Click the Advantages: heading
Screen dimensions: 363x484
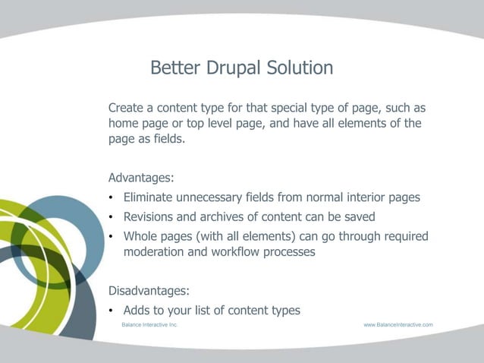click(141, 178)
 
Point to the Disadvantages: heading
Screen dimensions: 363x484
click(149, 290)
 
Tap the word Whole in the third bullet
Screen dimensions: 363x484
click(141, 236)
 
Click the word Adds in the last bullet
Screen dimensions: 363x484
click(138, 310)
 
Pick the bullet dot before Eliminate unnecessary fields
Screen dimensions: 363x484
click(112, 198)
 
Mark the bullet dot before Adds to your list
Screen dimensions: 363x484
click(112, 311)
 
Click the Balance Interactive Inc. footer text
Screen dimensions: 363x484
click(149, 324)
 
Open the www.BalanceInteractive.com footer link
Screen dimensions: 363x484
click(398, 324)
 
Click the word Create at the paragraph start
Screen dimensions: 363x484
click(127, 107)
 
